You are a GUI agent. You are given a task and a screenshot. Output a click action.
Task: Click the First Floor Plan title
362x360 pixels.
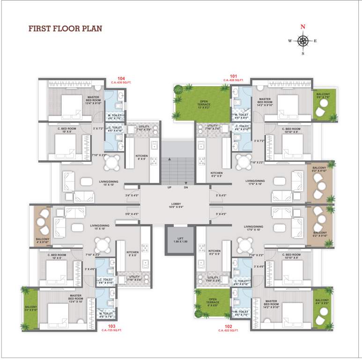coord(65,29)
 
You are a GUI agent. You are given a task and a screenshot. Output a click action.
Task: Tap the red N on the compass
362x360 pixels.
coord(303,27)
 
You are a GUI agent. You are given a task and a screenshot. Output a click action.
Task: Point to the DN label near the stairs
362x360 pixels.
coord(186,187)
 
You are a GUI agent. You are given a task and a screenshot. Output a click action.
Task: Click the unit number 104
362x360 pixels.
coord(121,78)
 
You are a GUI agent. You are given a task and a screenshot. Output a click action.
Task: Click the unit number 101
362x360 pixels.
coord(234,76)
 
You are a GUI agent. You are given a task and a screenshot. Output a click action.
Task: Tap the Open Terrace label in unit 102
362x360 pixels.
coord(213,300)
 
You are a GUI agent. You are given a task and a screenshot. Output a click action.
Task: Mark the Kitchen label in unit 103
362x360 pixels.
coord(133,254)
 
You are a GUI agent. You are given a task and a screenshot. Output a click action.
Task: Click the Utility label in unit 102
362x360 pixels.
coord(213,278)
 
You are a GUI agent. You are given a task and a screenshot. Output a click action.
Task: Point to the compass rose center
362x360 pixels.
coord(303,41)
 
